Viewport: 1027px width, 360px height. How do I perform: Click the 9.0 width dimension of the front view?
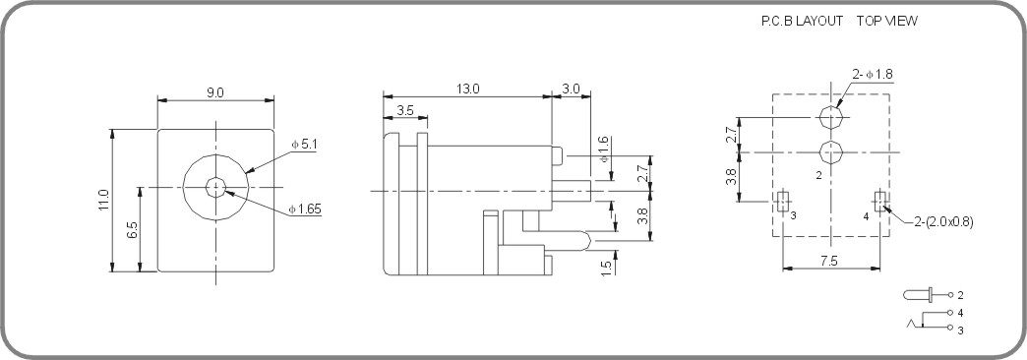(214, 92)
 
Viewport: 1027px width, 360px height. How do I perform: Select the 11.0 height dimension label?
(104, 202)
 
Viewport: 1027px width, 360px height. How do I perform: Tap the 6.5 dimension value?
(132, 230)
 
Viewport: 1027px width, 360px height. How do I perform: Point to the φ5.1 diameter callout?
(303, 145)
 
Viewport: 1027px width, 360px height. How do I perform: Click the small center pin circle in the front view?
(214, 187)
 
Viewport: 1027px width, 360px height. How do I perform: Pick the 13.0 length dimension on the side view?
(467, 89)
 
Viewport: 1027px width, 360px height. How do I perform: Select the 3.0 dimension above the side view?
(572, 89)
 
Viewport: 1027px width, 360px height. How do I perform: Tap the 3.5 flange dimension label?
(405, 110)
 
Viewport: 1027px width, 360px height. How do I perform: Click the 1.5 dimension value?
(606, 263)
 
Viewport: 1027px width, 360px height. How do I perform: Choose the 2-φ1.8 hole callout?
(872, 74)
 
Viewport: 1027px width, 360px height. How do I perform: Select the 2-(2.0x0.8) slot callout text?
(939, 222)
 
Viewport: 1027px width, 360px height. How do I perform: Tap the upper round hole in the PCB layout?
(832, 118)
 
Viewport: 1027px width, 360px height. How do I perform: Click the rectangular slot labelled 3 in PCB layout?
(782, 202)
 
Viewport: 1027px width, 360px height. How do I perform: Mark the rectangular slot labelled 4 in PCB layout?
(882, 202)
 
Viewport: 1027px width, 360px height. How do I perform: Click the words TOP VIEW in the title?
(886, 21)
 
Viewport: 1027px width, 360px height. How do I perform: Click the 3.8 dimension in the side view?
(641, 217)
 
